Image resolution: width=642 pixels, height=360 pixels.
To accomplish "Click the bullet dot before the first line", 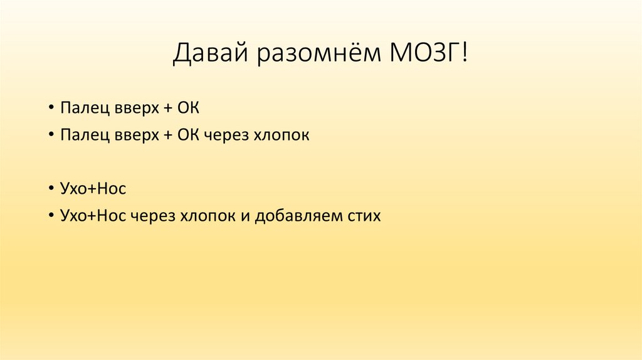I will (50, 109).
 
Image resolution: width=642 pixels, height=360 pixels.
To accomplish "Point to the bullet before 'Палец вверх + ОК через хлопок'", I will (50, 135).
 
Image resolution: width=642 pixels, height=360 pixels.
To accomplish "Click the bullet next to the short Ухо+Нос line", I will (50, 189).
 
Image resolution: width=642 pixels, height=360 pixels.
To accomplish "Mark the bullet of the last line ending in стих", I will (50, 216).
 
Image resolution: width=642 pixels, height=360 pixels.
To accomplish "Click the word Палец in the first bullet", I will (79, 109).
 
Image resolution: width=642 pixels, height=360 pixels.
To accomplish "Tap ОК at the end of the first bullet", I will (189, 109).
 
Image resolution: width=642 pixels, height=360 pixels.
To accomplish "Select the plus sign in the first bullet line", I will (167, 109).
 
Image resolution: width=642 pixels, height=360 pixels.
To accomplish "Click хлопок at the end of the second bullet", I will (280, 135).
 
